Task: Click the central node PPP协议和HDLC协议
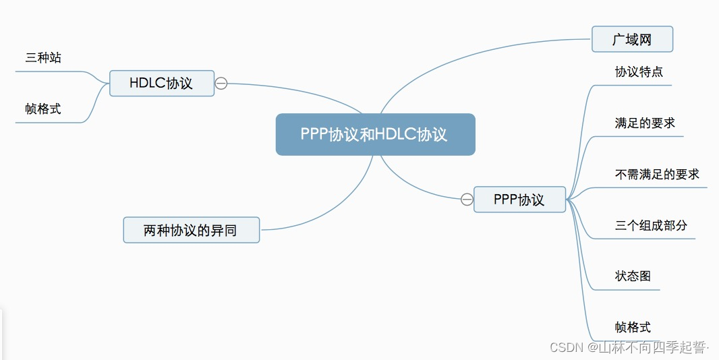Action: click(x=375, y=134)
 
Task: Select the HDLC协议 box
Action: click(x=161, y=83)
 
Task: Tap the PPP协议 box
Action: click(x=519, y=200)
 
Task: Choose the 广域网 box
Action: click(x=632, y=39)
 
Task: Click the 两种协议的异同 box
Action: click(x=191, y=230)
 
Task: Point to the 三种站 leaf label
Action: click(x=43, y=58)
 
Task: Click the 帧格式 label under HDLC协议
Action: click(x=43, y=109)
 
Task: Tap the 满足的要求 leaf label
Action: click(x=645, y=123)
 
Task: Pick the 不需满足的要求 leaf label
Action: click(x=657, y=174)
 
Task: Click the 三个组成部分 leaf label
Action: click(x=651, y=225)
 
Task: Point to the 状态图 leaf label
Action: click(x=633, y=276)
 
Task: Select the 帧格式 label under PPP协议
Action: click(x=633, y=328)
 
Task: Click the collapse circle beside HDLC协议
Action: click(x=221, y=84)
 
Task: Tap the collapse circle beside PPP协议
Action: click(x=467, y=200)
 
